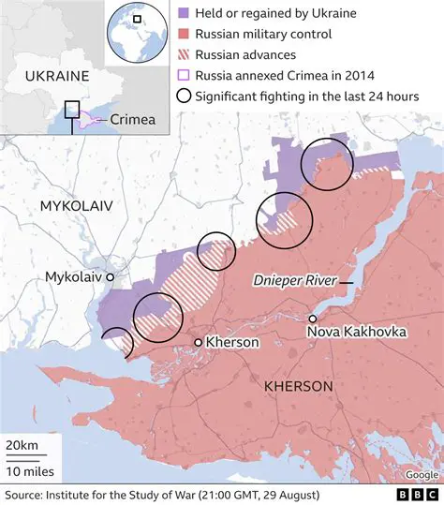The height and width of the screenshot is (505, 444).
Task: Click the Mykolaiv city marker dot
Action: point(110,278)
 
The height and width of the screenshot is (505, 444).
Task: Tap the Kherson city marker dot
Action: point(198,343)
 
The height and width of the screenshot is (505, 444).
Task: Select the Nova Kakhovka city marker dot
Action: point(312,319)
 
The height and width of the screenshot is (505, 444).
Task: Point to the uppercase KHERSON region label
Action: point(299,386)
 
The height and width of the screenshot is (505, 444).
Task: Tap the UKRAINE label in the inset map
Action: point(57,75)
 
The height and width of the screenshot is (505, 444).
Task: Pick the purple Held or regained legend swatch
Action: point(184,15)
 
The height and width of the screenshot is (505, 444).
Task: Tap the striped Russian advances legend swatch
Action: point(184,55)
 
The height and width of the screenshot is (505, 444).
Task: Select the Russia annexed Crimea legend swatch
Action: point(184,75)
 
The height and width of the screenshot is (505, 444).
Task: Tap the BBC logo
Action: point(412,494)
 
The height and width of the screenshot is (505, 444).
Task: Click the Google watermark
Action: point(421,474)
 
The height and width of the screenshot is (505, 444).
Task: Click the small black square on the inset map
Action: point(72,110)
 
